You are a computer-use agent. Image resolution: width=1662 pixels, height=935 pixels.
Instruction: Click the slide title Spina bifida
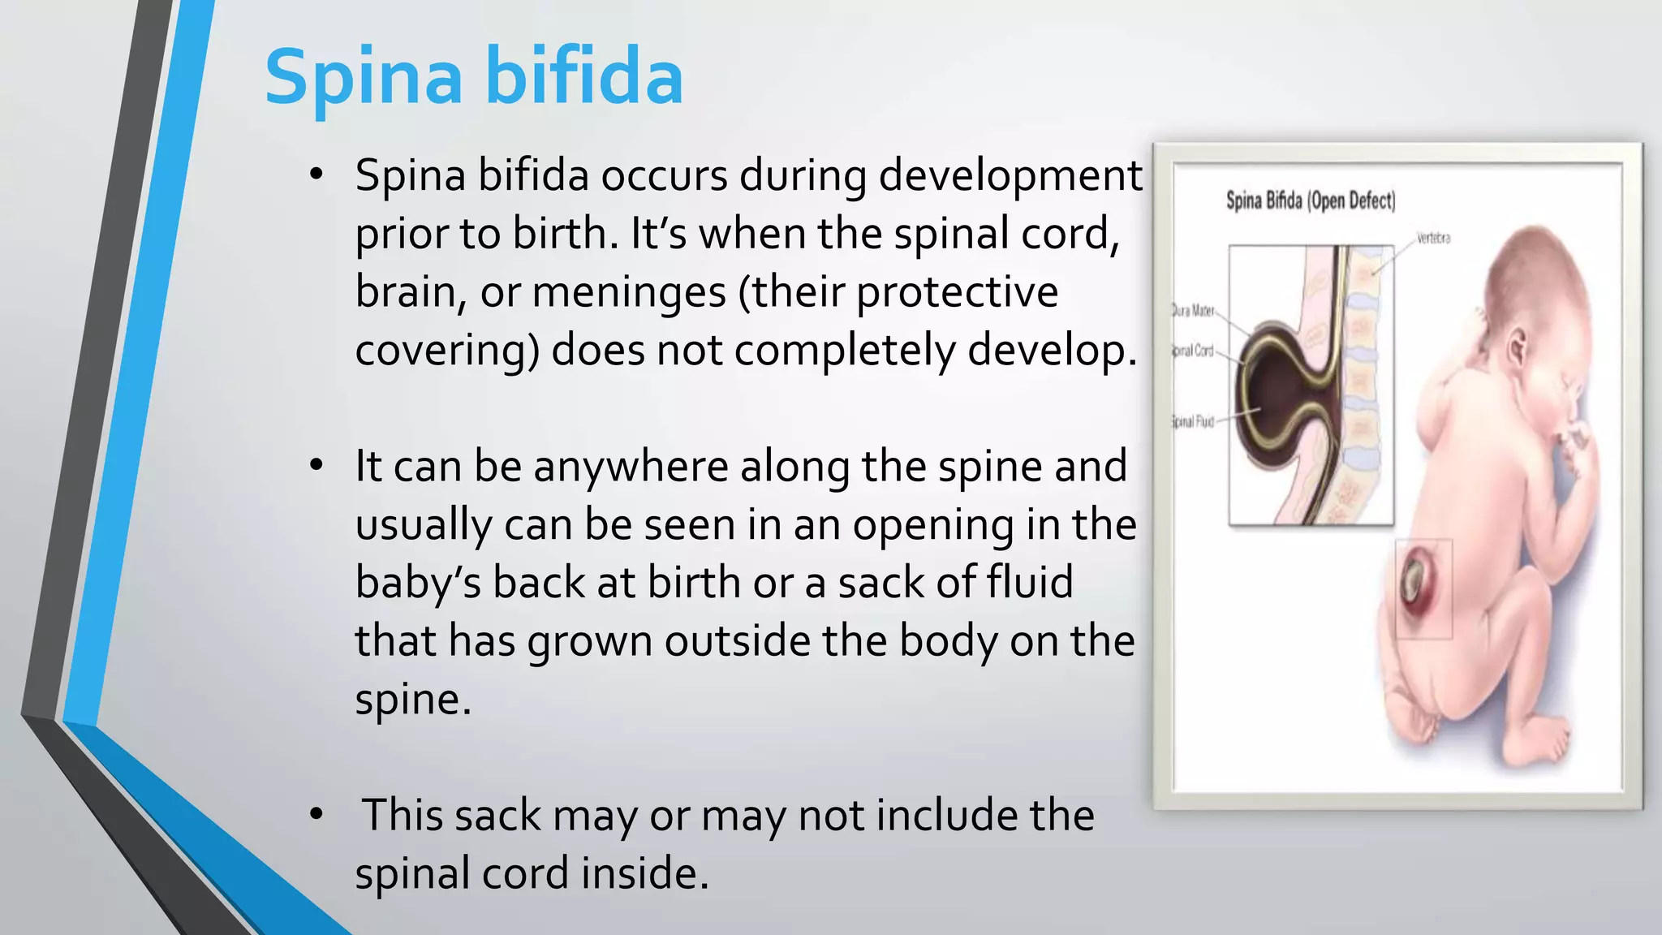coord(473,77)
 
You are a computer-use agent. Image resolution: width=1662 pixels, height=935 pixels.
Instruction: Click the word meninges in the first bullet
coord(629,292)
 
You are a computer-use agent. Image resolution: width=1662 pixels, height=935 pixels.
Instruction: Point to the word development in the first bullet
coord(1010,176)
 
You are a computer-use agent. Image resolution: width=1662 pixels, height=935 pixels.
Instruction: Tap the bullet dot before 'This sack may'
coord(316,814)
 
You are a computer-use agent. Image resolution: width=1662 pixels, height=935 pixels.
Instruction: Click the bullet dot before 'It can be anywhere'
coord(316,465)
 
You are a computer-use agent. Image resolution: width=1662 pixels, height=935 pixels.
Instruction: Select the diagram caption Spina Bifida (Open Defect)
coord(1310,200)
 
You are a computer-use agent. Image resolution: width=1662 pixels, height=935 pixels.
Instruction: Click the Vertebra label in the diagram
coord(1433,239)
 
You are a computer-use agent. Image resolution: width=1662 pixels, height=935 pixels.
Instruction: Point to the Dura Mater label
coord(1193,311)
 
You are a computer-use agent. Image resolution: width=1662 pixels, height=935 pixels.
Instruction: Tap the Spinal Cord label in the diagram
coord(1193,351)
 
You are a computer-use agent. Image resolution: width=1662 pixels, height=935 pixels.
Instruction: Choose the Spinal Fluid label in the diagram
coord(1193,421)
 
